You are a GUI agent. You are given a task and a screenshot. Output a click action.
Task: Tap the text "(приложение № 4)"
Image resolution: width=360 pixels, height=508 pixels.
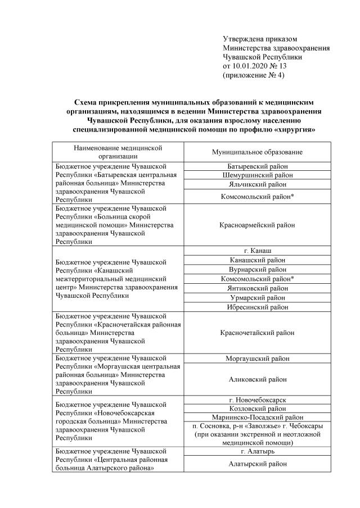click(x=254, y=75)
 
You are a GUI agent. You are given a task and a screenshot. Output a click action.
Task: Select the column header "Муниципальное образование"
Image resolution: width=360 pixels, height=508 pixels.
click(x=258, y=152)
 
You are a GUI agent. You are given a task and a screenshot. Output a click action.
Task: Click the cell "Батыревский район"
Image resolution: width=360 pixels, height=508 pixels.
click(x=258, y=166)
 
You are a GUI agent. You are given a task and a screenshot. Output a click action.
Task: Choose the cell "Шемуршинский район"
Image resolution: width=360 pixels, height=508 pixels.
click(x=258, y=175)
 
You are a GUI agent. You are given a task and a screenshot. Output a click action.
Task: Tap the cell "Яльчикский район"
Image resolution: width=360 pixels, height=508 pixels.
click(x=258, y=184)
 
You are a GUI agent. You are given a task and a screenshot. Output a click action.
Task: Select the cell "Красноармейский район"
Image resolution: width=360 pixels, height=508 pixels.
click(x=258, y=225)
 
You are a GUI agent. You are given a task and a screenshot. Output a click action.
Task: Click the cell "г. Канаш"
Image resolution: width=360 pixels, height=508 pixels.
click(x=258, y=251)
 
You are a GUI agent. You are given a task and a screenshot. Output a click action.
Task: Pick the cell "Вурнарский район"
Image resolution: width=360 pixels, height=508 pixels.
click(x=258, y=269)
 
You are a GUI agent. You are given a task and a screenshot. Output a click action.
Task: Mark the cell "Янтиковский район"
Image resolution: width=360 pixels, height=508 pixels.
click(x=258, y=288)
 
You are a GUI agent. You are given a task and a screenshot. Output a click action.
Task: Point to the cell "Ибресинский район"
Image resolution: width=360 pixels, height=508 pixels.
click(x=258, y=307)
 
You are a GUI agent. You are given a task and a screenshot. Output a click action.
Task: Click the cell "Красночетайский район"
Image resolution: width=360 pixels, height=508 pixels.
click(x=258, y=333)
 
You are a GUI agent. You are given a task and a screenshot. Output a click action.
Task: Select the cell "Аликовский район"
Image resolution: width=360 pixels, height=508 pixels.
click(x=258, y=379)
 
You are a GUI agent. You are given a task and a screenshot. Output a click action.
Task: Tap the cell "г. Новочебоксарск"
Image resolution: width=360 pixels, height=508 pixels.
click(x=258, y=400)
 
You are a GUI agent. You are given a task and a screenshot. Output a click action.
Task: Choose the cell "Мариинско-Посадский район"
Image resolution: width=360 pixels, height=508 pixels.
click(x=258, y=418)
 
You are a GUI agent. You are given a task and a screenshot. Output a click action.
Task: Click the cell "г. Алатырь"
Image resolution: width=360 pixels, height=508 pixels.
click(x=258, y=451)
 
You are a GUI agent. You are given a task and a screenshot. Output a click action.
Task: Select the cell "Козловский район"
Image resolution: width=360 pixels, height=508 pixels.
click(x=258, y=409)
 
